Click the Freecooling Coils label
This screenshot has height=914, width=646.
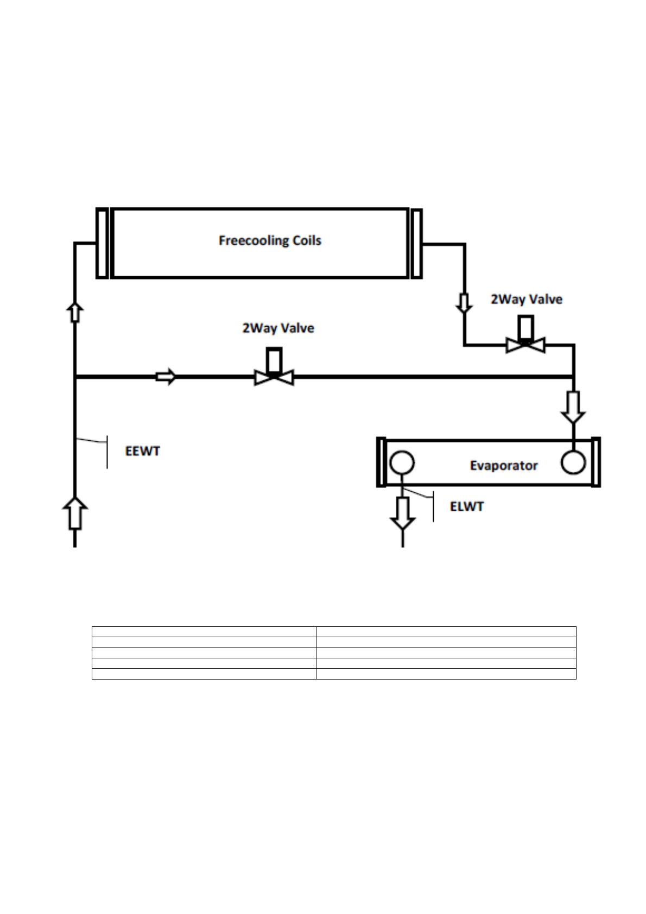[x=270, y=240]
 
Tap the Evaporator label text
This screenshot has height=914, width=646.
[x=503, y=466]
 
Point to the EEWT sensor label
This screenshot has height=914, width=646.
[x=143, y=452]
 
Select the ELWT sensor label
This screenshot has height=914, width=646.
[x=467, y=507]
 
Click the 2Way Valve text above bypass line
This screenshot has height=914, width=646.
[x=278, y=328]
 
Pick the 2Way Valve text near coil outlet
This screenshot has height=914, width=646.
[x=527, y=300]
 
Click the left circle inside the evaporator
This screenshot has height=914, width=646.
[x=402, y=464]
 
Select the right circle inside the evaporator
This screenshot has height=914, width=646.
[x=573, y=463]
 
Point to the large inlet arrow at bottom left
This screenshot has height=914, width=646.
[x=75, y=513]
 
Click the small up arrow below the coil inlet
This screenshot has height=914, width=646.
[x=74, y=313]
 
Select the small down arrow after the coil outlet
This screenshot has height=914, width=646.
[x=464, y=303]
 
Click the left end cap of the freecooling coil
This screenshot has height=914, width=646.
[x=102, y=243]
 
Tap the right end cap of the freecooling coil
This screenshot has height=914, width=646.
[x=416, y=243]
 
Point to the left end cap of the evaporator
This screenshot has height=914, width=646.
[x=381, y=462]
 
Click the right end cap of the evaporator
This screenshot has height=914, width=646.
[x=596, y=462]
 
